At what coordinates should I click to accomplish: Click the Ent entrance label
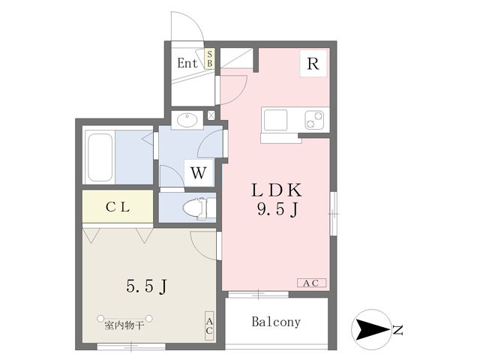click(x=187, y=63)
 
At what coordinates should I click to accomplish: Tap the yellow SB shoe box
click(x=210, y=58)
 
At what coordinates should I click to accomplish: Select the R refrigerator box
click(x=313, y=64)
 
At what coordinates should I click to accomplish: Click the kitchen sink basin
click(x=276, y=120)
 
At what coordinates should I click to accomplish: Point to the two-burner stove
click(x=314, y=120)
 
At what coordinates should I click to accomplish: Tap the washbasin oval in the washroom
click(x=187, y=120)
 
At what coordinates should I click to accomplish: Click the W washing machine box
click(x=199, y=172)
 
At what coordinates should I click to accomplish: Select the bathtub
click(x=100, y=157)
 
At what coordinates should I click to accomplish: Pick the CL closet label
click(x=118, y=207)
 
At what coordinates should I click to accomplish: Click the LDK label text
click(x=277, y=190)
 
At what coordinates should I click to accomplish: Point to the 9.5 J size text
click(x=277, y=210)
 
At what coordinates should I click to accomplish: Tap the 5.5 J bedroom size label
click(x=147, y=286)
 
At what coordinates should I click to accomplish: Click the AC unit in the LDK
click(x=312, y=283)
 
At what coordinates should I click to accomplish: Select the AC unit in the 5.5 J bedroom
click(x=209, y=326)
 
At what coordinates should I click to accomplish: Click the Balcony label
click(x=276, y=322)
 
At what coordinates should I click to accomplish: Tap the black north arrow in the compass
click(x=372, y=330)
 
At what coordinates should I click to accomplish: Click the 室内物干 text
click(x=124, y=325)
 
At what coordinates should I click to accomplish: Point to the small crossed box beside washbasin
click(x=211, y=115)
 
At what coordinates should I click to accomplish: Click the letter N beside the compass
click(x=397, y=330)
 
